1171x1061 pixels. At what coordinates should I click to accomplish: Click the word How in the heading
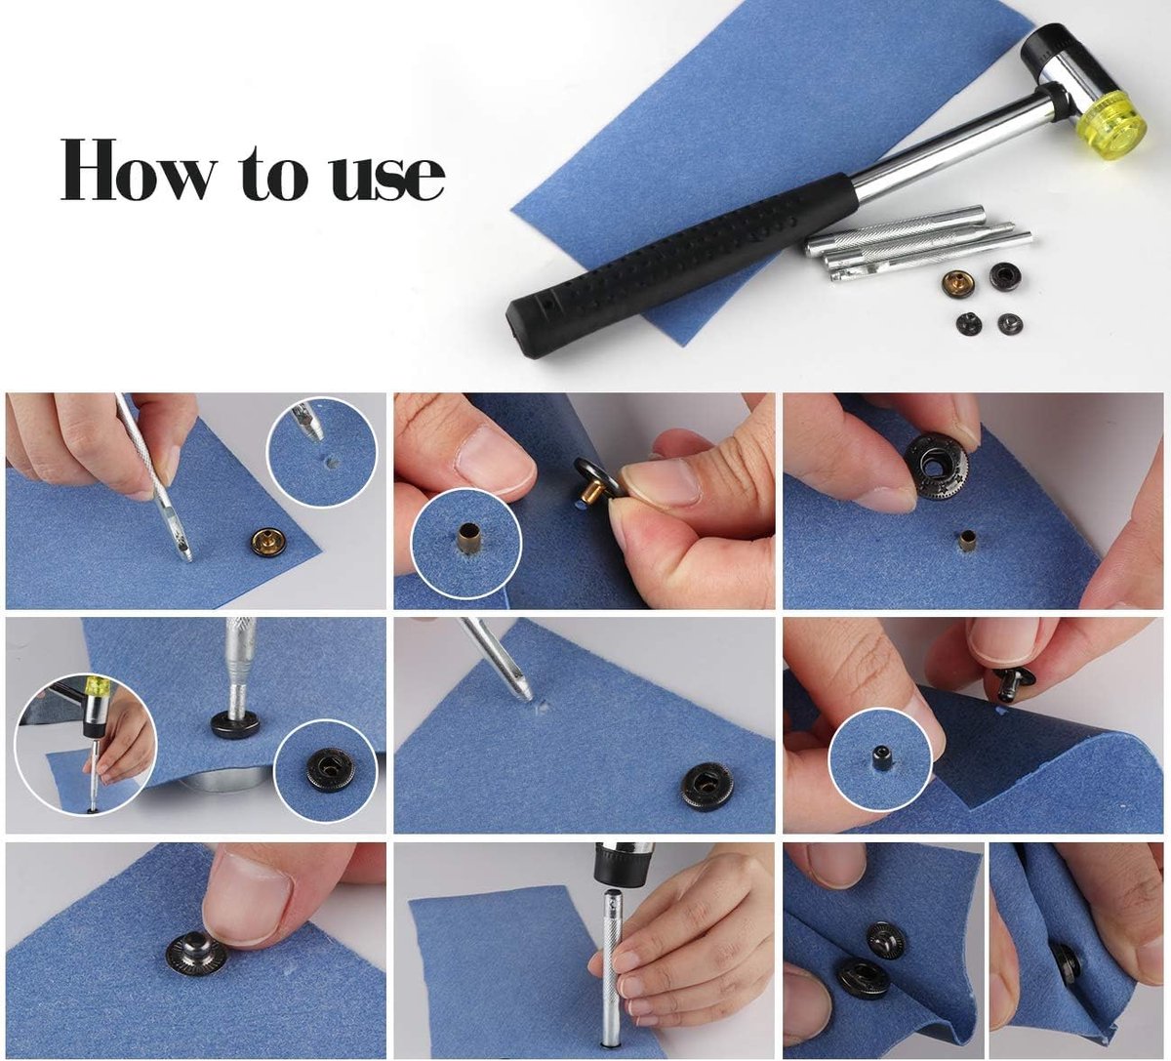137,172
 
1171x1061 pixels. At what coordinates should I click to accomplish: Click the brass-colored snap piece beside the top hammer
959,285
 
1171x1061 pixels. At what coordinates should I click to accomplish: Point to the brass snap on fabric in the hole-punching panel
268,541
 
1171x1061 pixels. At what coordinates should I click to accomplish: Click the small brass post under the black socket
966,541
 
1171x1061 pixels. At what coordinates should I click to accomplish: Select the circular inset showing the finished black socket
325,770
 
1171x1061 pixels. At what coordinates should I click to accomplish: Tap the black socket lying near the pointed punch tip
706,785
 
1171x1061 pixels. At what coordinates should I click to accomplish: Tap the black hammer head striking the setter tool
623,865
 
